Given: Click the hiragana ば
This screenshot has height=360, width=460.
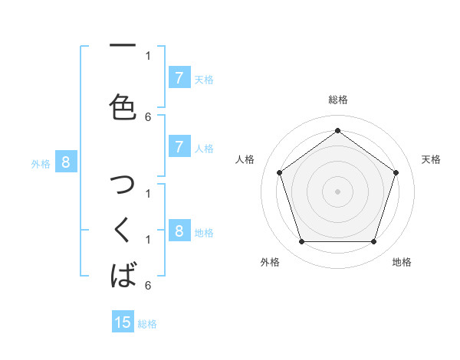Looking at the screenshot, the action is coord(123,274).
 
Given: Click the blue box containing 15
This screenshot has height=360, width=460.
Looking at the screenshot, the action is coord(123,322).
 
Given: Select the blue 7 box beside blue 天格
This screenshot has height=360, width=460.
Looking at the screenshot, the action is coord(179,77).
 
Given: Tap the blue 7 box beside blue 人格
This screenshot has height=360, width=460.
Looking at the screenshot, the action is coord(179,147).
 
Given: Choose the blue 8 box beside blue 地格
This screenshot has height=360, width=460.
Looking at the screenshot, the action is coord(179,231).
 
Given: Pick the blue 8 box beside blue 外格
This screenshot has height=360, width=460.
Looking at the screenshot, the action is coord(66,162).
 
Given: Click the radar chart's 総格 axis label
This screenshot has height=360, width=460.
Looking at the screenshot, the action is coord(337,100).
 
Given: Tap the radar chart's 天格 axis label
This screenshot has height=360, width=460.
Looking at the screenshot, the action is coord(431,159).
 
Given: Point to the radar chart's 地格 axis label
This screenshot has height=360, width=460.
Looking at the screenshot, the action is coord(402,262).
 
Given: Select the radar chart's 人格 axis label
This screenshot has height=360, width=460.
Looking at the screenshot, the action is coord(245,159).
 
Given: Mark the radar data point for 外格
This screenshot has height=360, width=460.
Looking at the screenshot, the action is coord(301,242).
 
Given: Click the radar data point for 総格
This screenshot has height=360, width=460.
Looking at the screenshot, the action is coord(337,131).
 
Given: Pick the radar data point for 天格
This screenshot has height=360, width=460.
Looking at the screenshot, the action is coord(396,172).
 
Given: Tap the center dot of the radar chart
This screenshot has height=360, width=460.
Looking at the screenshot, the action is coord(337,191).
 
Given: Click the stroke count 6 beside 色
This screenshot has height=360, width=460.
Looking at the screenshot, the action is coord(148,116).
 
